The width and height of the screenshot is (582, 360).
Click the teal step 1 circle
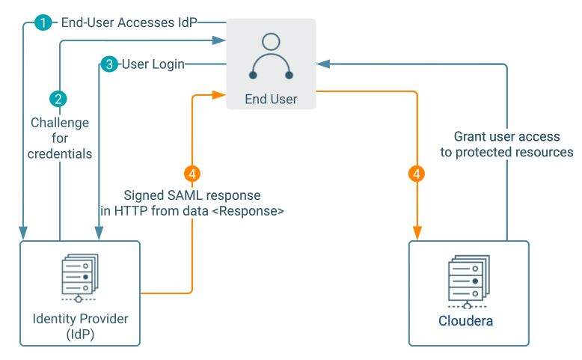[x=43, y=22]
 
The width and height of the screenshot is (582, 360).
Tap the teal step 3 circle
[x=109, y=64]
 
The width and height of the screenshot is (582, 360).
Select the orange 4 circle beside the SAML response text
[x=193, y=174]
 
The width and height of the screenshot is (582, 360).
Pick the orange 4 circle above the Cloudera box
[x=417, y=174]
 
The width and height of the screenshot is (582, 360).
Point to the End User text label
[x=271, y=99]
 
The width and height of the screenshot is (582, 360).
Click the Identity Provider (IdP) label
[x=80, y=326]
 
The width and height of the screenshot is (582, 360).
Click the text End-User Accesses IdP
[x=129, y=22]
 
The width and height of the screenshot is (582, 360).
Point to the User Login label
[x=153, y=64]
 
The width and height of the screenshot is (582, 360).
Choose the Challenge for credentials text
[x=60, y=138]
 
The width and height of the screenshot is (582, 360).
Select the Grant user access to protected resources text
[x=506, y=144]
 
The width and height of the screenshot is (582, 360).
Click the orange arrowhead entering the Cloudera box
[x=417, y=233]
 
